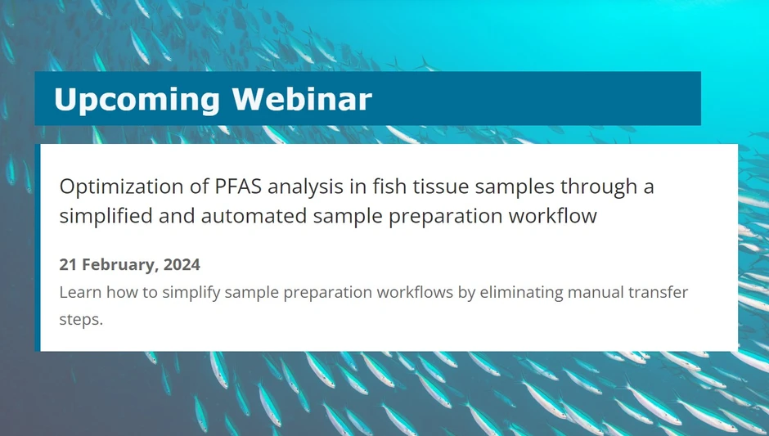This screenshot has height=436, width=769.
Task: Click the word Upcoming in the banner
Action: click(136, 100)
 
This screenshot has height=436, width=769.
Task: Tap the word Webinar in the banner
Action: click(301, 99)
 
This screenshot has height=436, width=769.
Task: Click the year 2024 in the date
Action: click(182, 265)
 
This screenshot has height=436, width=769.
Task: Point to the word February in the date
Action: click(119, 265)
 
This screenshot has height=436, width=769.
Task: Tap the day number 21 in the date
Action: click(69, 265)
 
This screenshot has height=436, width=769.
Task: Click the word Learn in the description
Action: click(80, 293)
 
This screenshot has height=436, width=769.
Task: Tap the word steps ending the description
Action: click(80, 320)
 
